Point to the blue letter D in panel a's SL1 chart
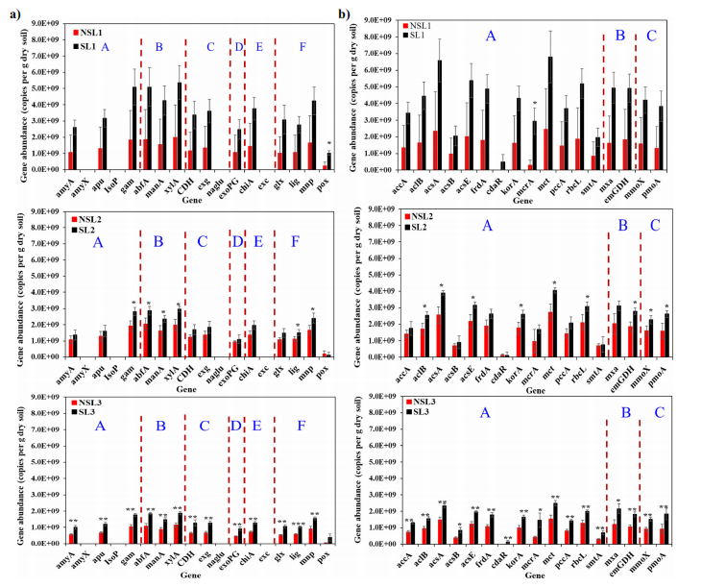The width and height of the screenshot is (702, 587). (238, 47)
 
